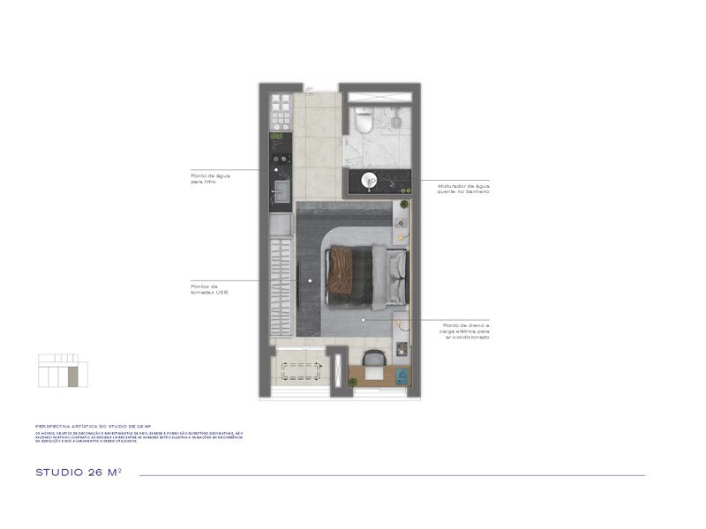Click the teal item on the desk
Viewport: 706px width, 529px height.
[402, 373]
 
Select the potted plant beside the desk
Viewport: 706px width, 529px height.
[352, 381]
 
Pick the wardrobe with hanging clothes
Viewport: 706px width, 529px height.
[281, 287]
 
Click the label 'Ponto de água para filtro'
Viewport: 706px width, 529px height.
[210, 178]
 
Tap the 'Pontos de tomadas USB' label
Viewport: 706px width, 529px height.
[209, 288]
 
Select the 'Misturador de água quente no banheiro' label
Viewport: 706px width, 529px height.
[462, 189]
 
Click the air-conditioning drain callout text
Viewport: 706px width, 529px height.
[466, 331]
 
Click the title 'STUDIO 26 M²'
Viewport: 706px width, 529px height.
[78, 473]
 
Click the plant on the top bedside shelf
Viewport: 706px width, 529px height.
[403, 205]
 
